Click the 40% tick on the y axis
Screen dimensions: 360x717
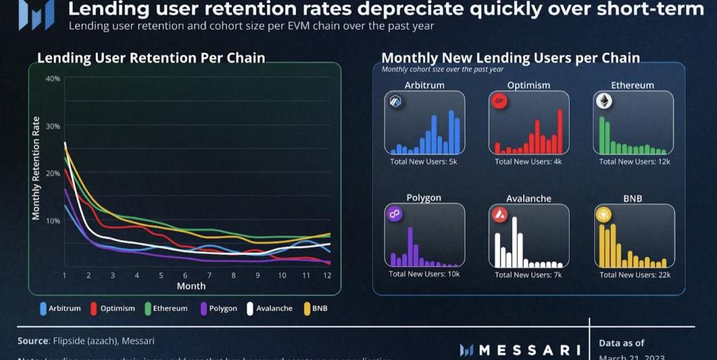click(x=53, y=78)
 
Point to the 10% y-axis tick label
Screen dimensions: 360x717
click(x=53, y=221)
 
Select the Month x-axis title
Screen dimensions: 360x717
click(x=191, y=286)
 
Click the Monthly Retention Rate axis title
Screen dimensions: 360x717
click(x=37, y=168)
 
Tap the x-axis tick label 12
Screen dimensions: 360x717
click(x=327, y=275)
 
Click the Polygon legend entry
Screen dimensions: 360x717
click(x=217, y=308)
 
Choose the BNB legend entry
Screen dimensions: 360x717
click(x=315, y=308)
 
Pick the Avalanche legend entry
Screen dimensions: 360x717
click(x=269, y=308)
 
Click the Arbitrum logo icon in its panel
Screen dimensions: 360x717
click(x=397, y=101)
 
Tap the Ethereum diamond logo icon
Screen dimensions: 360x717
click(x=604, y=101)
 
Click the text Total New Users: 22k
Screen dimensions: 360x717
click(x=635, y=275)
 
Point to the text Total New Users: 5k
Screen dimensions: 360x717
click(x=423, y=161)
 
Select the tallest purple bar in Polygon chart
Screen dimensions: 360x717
click(x=410, y=247)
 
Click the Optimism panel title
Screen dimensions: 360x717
click(x=528, y=86)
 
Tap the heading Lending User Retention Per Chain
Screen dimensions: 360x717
click(x=151, y=58)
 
